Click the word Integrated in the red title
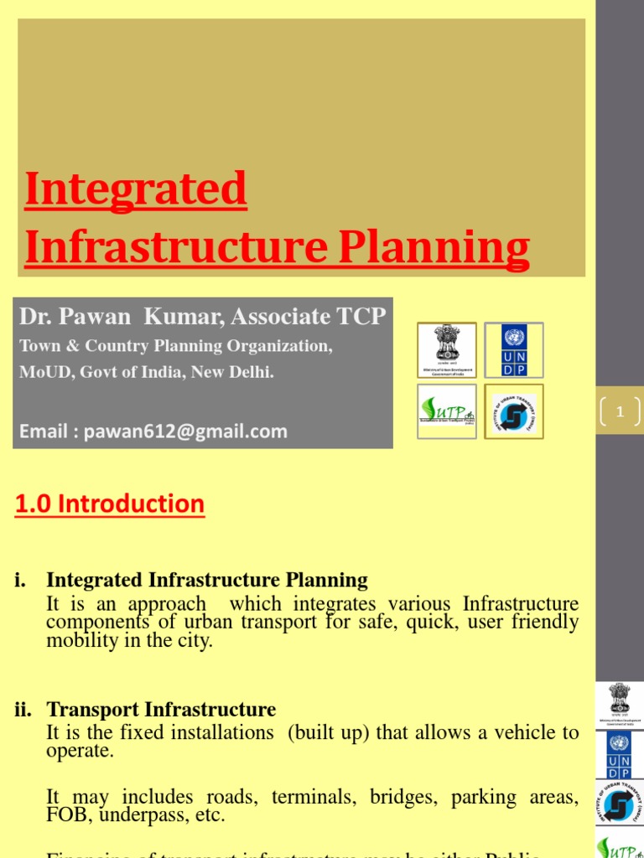(x=136, y=189)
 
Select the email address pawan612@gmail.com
(x=184, y=432)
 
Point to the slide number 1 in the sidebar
(x=621, y=411)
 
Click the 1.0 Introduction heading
(x=110, y=504)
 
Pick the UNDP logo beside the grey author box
(x=513, y=349)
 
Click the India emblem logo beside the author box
(x=447, y=349)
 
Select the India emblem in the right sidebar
(x=620, y=703)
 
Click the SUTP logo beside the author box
(x=447, y=411)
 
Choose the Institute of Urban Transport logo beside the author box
(x=513, y=411)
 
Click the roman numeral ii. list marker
(x=23, y=711)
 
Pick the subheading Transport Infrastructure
(x=161, y=711)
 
